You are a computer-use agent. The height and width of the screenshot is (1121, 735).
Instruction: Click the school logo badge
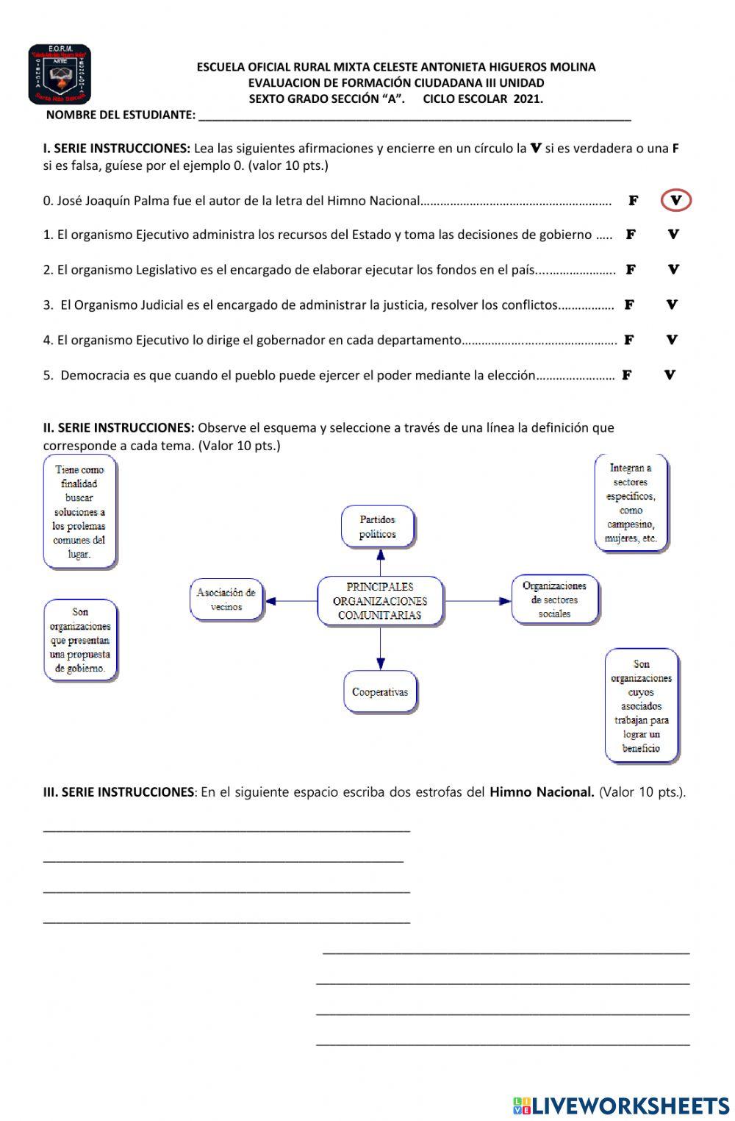pyautogui.click(x=60, y=74)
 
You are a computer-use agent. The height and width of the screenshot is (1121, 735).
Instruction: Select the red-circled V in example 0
pyautogui.click(x=676, y=200)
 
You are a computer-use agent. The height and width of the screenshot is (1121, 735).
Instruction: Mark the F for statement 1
pyautogui.click(x=631, y=235)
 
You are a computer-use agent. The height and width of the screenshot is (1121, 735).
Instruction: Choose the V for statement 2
pyautogui.click(x=673, y=269)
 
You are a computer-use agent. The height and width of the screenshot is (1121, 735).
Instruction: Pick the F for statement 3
pyautogui.click(x=629, y=305)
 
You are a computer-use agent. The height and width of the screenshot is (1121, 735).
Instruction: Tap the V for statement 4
pyautogui.click(x=672, y=340)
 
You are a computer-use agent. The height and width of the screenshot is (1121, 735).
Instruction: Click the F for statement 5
pyautogui.click(x=627, y=375)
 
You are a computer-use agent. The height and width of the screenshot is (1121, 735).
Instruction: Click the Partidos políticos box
pyautogui.click(x=378, y=527)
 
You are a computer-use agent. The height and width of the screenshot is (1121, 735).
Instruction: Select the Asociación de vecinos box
pyautogui.click(x=226, y=599)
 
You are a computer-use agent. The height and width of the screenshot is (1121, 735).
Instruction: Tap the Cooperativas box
pyautogui.click(x=380, y=691)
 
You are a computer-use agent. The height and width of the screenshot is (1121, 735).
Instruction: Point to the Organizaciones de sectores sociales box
pyautogui.click(x=555, y=599)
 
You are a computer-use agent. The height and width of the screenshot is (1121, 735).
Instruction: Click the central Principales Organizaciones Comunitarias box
pyautogui.click(x=380, y=601)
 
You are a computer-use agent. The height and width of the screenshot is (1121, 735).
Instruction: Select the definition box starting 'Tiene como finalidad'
pyautogui.click(x=79, y=512)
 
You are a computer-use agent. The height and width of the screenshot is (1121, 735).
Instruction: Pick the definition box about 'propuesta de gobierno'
pyautogui.click(x=80, y=640)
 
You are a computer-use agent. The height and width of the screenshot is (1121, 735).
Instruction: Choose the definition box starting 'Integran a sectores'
pyautogui.click(x=631, y=503)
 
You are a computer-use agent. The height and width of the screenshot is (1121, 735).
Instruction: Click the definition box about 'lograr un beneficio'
pyautogui.click(x=641, y=706)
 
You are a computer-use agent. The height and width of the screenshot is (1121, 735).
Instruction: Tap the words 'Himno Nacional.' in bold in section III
pyautogui.click(x=542, y=792)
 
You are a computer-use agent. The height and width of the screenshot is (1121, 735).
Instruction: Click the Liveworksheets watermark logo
pyautogui.click(x=621, y=1106)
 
